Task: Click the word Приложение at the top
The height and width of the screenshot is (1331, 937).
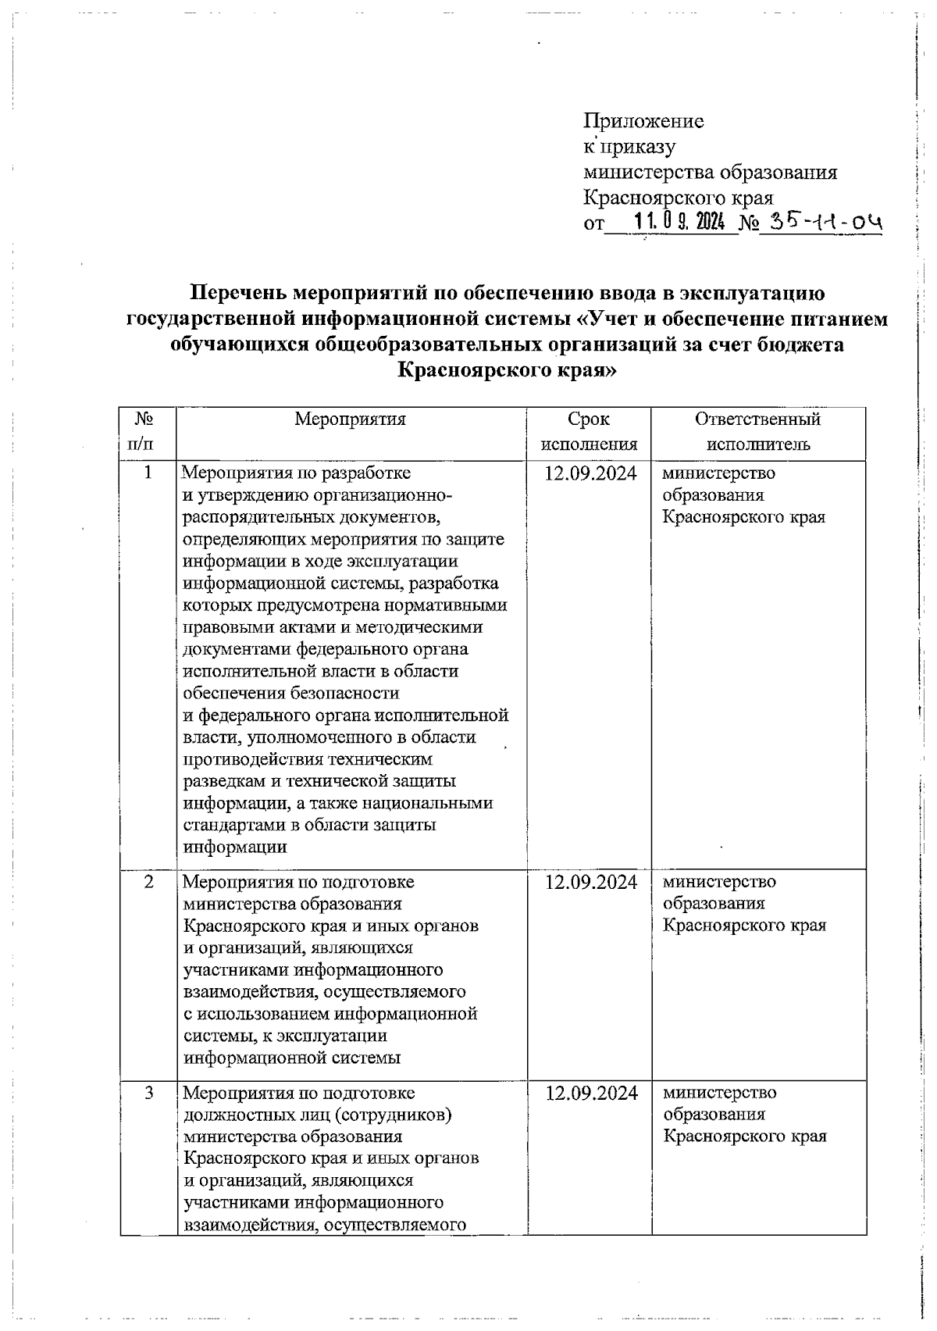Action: (x=644, y=121)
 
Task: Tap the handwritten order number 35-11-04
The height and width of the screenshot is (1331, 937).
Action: (x=825, y=223)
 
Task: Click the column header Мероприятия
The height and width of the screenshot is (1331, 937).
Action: (x=351, y=419)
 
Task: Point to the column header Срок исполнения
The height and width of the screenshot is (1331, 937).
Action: (x=589, y=432)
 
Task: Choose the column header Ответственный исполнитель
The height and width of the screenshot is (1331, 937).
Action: (x=758, y=432)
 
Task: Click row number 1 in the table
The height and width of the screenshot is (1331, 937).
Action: (x=148, y=473)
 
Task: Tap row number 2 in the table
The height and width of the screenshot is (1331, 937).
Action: (x=148, y=881)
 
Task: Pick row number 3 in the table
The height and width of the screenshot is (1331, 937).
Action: (x=148, y=1092)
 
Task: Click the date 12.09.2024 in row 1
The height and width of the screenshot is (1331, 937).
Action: (x=590, y=473)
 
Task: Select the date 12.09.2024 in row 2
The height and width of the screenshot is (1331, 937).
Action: (x=591, y=881)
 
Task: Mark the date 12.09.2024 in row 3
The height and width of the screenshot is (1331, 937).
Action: (x=591, y=1092)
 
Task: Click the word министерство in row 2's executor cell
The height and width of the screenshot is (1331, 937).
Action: (x=720, y=881)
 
